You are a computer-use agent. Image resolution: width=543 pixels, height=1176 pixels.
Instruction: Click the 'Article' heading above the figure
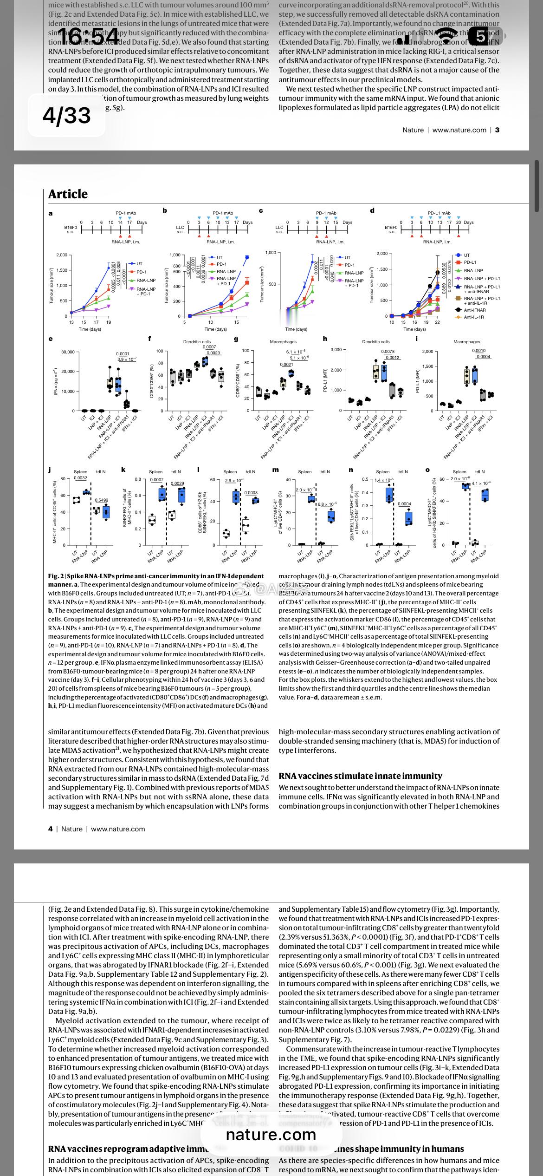click(x=68, y=194)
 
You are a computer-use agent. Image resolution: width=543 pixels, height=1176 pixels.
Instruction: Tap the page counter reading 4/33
click(x=67, y=115)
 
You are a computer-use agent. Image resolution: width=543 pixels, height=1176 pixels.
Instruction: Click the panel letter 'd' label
click(x=372, y=211)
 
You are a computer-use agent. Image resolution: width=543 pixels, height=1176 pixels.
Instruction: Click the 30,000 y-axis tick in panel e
click(x=68, y=352)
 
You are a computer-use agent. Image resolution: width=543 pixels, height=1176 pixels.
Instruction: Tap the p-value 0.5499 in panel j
click(x=101, y=500)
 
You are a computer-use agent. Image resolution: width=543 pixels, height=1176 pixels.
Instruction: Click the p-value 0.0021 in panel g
click(x=286, y=365)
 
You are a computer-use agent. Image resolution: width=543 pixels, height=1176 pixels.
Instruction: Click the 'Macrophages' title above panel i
click(x=466, y=342)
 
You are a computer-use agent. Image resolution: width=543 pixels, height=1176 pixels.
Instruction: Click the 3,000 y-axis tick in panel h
click(x=336, y=349)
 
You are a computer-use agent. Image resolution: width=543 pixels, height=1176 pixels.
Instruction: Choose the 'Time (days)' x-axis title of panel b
click(x=215, y=329)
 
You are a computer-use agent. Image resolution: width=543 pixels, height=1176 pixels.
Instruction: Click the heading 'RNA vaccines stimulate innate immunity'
click(x=360, y=776)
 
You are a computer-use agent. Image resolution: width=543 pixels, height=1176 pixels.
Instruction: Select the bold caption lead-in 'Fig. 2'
click(x=55, y=576)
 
